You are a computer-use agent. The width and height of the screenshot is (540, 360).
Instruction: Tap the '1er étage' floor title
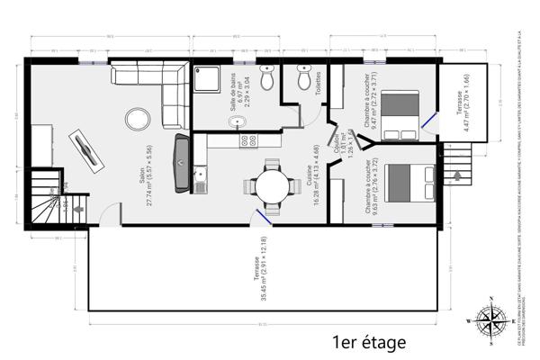(x=369, y=342)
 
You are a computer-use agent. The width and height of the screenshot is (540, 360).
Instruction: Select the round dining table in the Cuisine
(x=271, y=185)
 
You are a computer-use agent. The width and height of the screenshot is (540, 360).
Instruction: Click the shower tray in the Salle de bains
(x=206, y=80)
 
